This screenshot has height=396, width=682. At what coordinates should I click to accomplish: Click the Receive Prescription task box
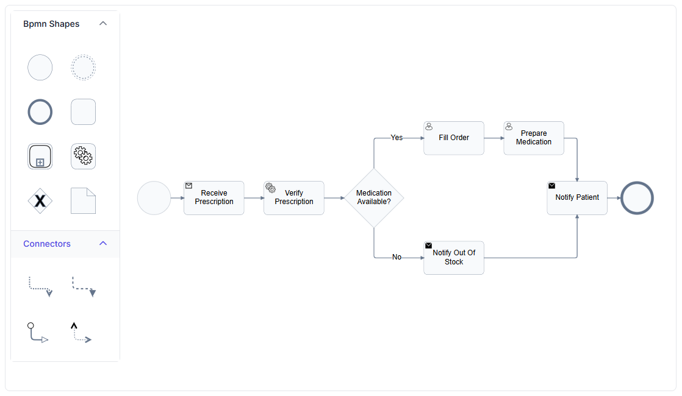pyautogui.click(x=214, y=198)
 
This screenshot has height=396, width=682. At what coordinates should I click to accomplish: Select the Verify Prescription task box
pyautogui.click(x=294, y=198)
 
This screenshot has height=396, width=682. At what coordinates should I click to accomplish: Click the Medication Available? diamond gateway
pyautogui.click(x=374, y=198)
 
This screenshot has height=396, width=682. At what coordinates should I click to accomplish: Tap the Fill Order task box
pyautogui.click(x=454, y=138)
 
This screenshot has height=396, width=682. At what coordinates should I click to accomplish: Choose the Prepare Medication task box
pyautogui.click(x=534, y=138)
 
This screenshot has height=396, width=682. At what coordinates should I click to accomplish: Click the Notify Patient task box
pyautogui.click(x=577, y=198)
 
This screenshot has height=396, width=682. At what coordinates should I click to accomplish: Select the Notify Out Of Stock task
pyautogui.click(x=454, y=258)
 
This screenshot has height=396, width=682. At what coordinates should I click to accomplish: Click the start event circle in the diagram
pyautogui.click(x=154, y=198)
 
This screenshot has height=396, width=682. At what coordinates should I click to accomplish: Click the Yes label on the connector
pyautogui.click(x=397, y=138)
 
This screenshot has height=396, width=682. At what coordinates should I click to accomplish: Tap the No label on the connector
pyautogui.click(x=397, y=257)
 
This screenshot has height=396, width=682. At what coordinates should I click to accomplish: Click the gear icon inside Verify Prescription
pyautogui.click(x=270, y=188)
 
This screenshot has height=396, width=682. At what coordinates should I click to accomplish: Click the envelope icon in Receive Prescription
pyautogui.click(x=188, y=186)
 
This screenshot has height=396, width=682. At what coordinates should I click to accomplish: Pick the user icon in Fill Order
pyautogui.click(x=429, y=126)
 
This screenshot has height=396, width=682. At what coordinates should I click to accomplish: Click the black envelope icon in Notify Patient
pyautogui.click(x=552, y=186)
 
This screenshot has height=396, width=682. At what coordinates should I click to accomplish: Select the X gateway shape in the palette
pyautogui.click(x=40, y=200)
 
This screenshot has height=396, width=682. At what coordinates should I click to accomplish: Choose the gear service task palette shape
pyautogui.click(x=83, y=157)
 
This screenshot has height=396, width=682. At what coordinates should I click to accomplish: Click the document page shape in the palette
pyautogui.click(x=83, y=200)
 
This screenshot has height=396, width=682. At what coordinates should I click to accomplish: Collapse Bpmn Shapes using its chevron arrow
pyautogui.click(x=103, y=23)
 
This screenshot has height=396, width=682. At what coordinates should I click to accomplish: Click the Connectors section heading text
pyautogui.click(x=47, y=244)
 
